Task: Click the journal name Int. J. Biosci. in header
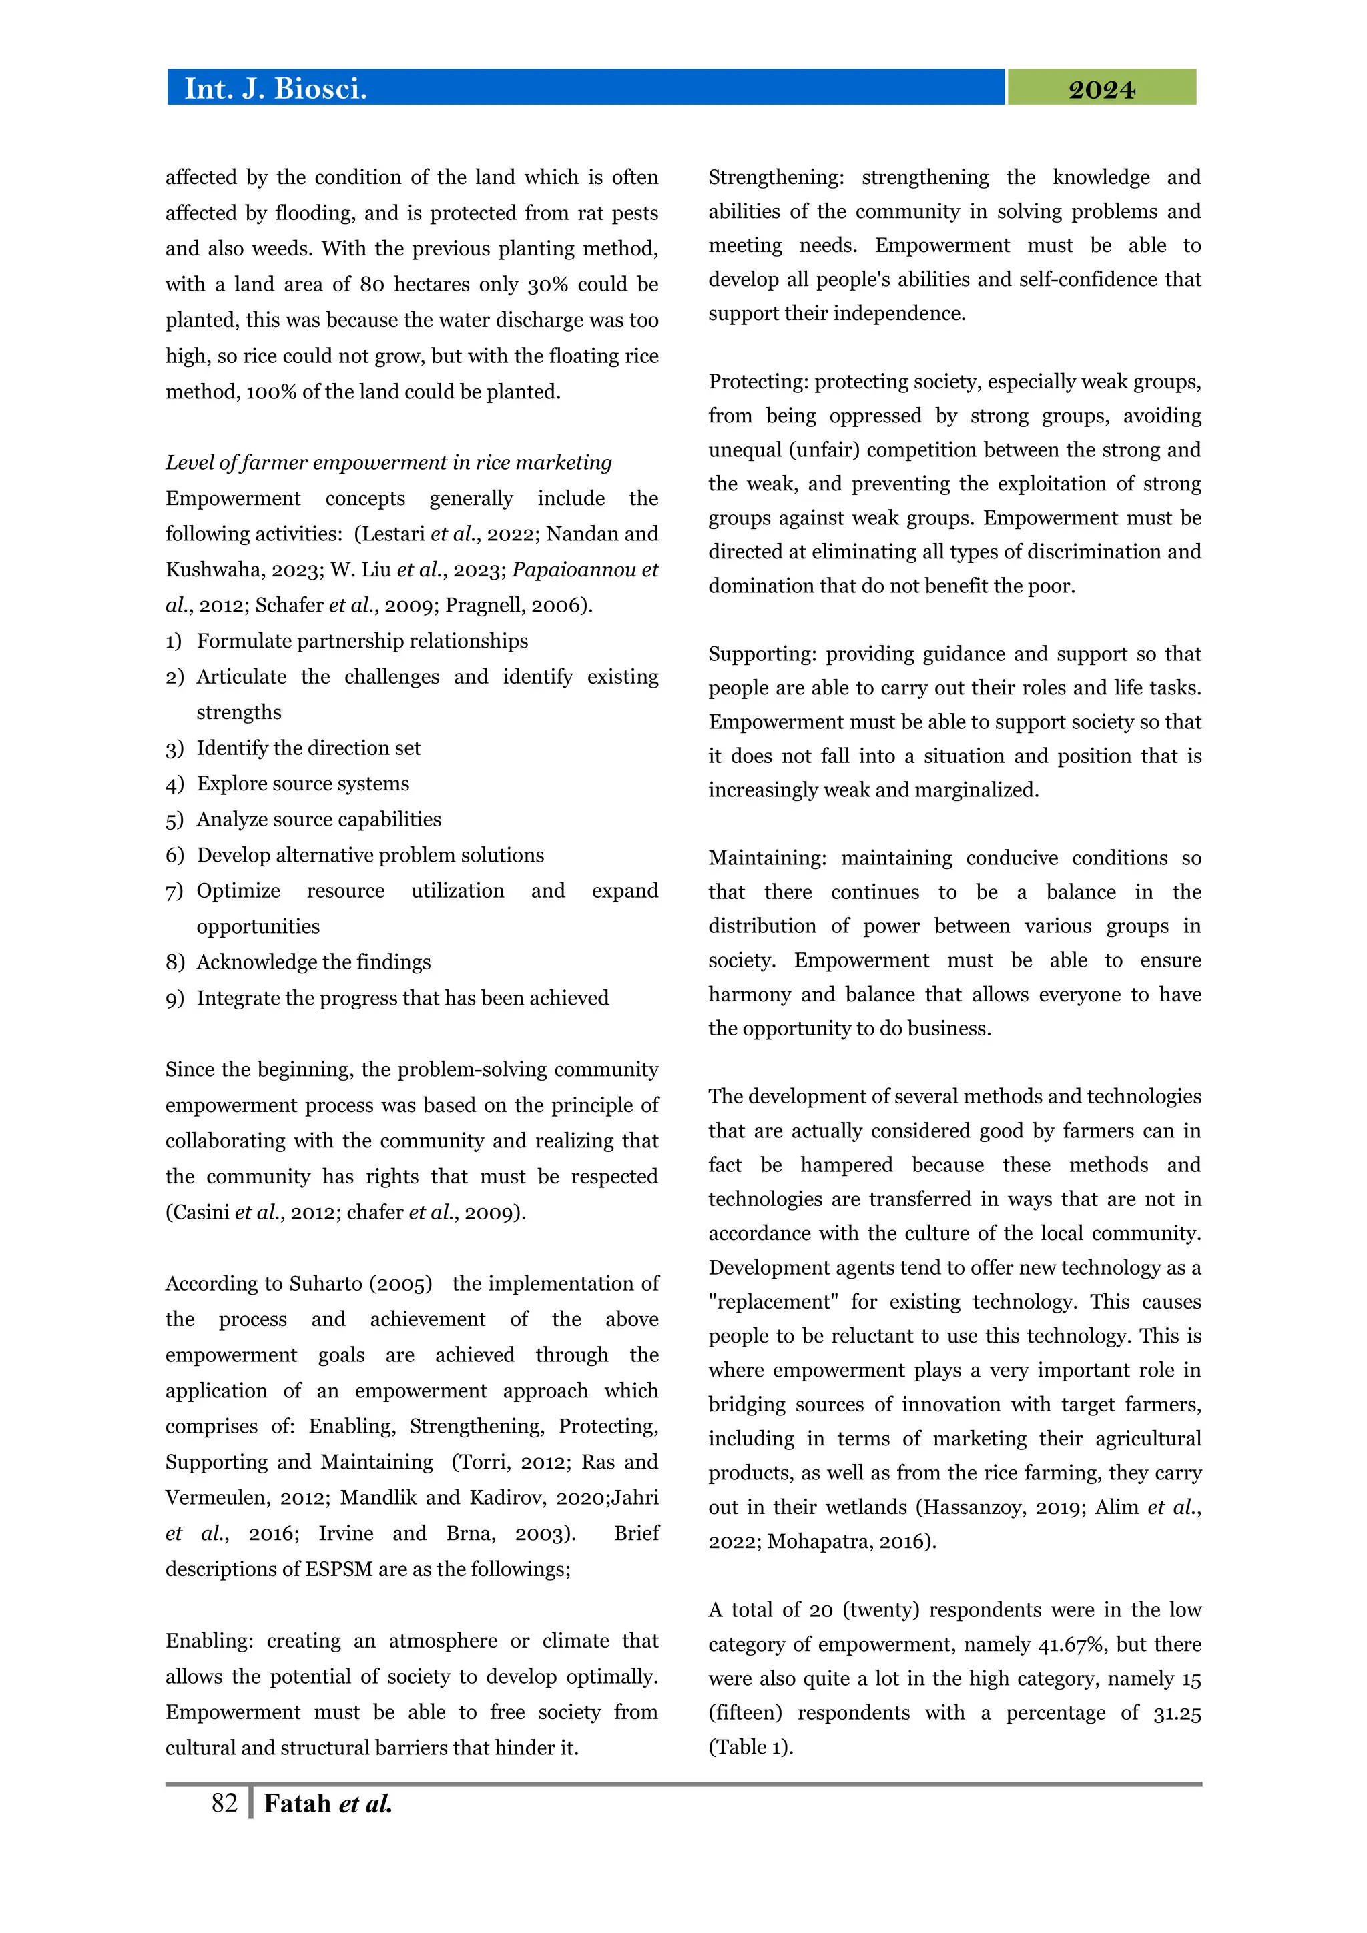pos(276,89)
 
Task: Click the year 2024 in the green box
pos(1101,89)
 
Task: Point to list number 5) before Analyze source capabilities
pos(174,820)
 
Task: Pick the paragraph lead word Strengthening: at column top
pos(776,177)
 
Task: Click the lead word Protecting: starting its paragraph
pos(758,382)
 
